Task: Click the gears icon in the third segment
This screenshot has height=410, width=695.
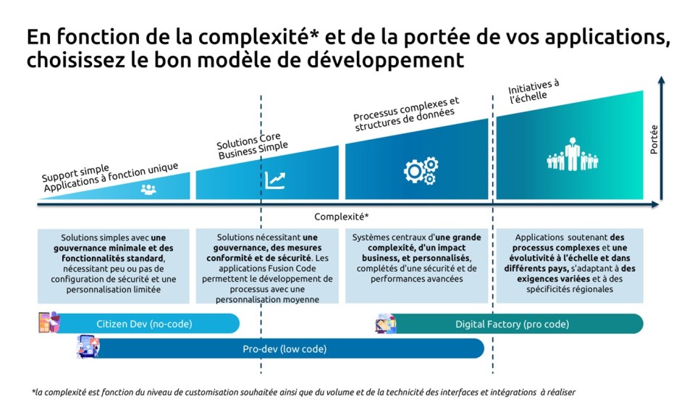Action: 421,170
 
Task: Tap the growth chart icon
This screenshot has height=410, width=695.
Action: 275,180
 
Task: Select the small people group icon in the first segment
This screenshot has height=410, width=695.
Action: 148,190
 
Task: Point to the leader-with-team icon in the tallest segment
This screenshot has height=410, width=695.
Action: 572,154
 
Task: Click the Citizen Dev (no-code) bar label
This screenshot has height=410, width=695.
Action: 145,324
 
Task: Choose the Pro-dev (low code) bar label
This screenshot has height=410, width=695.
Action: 285,348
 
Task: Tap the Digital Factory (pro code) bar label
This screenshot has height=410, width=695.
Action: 512,324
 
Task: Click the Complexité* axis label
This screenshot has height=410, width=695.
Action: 341,217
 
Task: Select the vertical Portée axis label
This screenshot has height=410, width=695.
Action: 654,139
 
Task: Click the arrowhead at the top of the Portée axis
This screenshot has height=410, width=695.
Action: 661,80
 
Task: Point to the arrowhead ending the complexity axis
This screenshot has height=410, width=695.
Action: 654,204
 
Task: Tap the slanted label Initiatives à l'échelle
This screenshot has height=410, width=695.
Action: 534,91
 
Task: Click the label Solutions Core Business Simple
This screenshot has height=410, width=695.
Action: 252,146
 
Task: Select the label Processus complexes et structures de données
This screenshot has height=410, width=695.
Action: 406,114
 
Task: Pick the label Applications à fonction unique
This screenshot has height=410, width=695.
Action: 111,177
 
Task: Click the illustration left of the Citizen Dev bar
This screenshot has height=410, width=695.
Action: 49,322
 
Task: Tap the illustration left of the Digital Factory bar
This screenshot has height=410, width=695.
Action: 386,324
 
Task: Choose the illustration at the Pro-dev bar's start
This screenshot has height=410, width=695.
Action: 88,346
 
